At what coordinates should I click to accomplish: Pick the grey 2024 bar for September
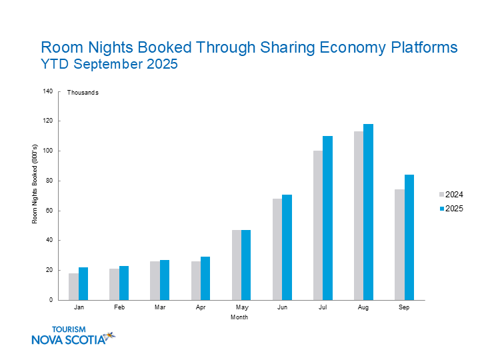(399, 245)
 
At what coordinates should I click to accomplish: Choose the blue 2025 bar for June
(287, 247)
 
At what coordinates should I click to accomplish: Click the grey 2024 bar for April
(196, 281)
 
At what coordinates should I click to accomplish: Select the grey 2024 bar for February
(114, 284)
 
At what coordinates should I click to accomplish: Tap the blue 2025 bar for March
(165, 280)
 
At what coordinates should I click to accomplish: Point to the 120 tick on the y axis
(48, 121)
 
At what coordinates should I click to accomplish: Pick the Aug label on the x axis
(363, 309)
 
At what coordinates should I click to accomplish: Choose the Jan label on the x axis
(79, 309)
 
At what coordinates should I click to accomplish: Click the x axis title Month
(239, 317)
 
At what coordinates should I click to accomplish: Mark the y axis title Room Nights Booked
(35, 195)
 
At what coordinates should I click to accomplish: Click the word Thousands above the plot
(83, 93)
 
